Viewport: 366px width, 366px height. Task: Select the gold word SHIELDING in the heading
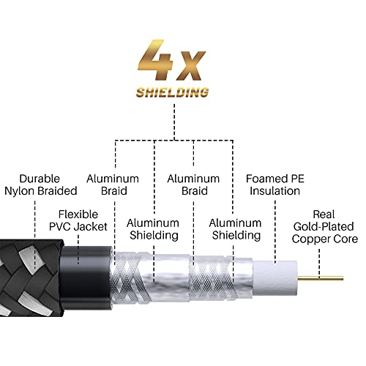pyautogui.click(x=172, y=93)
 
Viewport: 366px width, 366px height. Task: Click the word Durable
pyautogui.click(x=40, y=179)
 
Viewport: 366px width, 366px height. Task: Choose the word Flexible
pyautogui.click(x=79, y=214)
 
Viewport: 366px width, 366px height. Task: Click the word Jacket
pyautogui.click(x=91, y=227)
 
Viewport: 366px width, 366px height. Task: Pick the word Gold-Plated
pyautogui.click(x=323, y=226)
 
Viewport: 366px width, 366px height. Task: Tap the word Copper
pyautogui.click(x=311, y=239)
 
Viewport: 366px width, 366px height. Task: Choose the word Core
pyautogui.click(x=346, y=239)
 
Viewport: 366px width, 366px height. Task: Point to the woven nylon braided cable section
pyautogui.click(x=33, y=272)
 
